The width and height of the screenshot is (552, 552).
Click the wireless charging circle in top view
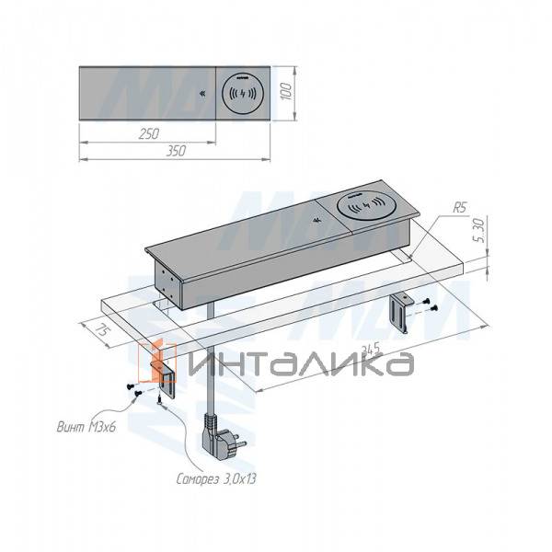tap(242, 94)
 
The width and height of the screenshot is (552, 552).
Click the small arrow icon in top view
tap(203, 93)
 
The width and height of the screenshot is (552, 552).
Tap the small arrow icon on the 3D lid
tap(316, 220)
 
